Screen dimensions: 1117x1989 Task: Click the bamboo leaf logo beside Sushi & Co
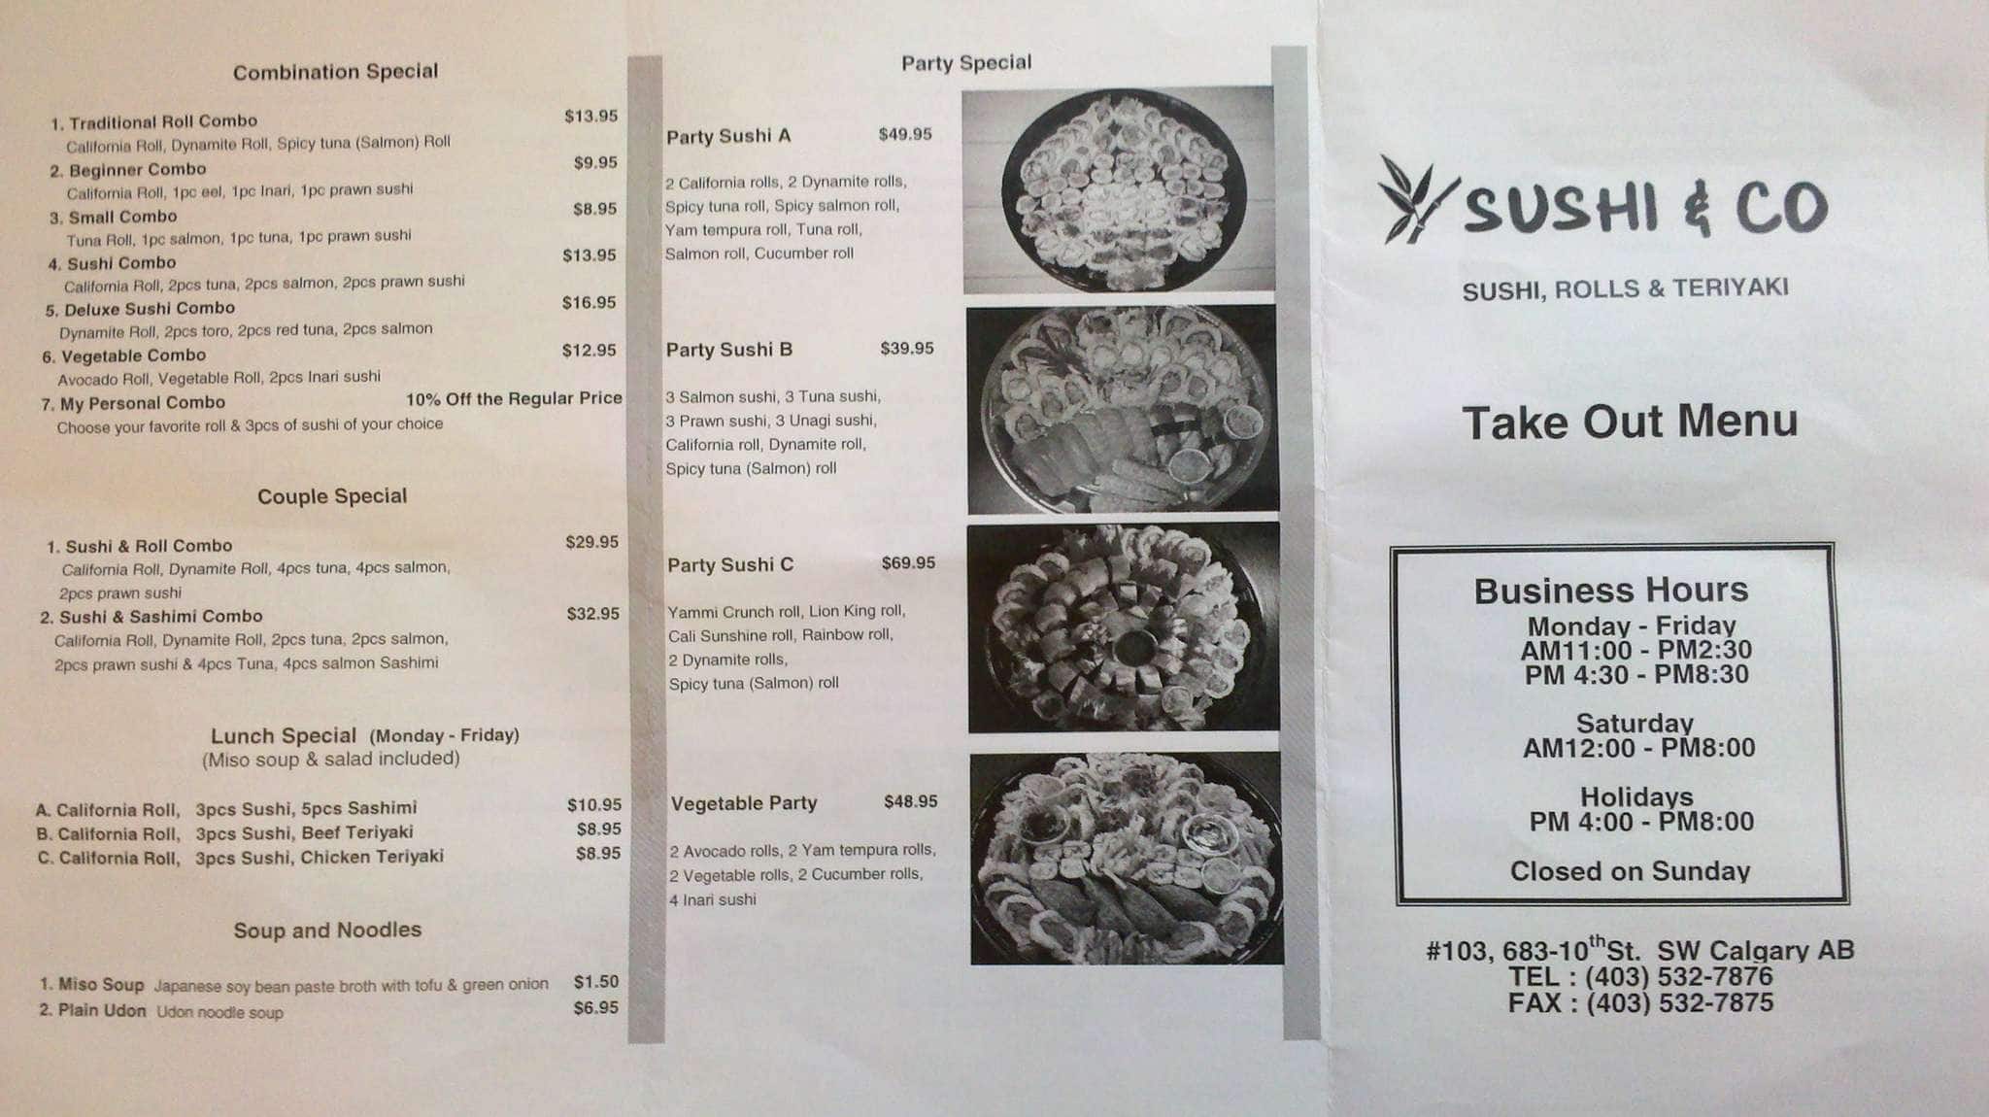1414,199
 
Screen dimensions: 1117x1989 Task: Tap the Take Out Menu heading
1630,423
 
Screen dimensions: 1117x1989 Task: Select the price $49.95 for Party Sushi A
904,134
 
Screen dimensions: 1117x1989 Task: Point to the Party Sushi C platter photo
1124,627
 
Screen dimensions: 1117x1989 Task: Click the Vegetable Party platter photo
1127,858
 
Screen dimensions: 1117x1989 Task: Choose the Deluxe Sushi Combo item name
149,309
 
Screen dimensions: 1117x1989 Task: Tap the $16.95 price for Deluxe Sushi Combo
589,303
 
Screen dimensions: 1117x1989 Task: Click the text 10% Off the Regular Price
514,398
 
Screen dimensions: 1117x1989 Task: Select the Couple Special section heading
332,496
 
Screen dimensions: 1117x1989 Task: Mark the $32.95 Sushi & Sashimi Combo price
592,614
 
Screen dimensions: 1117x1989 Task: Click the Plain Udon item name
101,1010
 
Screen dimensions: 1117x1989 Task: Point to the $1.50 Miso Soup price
595,982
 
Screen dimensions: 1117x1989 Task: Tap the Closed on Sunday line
1630,871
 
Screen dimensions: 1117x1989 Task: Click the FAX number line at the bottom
1640,1003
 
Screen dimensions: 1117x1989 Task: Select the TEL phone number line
1640,977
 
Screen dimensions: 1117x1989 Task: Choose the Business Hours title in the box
1610,591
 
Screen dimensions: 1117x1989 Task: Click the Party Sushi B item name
728,350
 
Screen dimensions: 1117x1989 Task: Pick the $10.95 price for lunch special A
593,805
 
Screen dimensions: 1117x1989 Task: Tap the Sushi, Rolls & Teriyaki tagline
1625,288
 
